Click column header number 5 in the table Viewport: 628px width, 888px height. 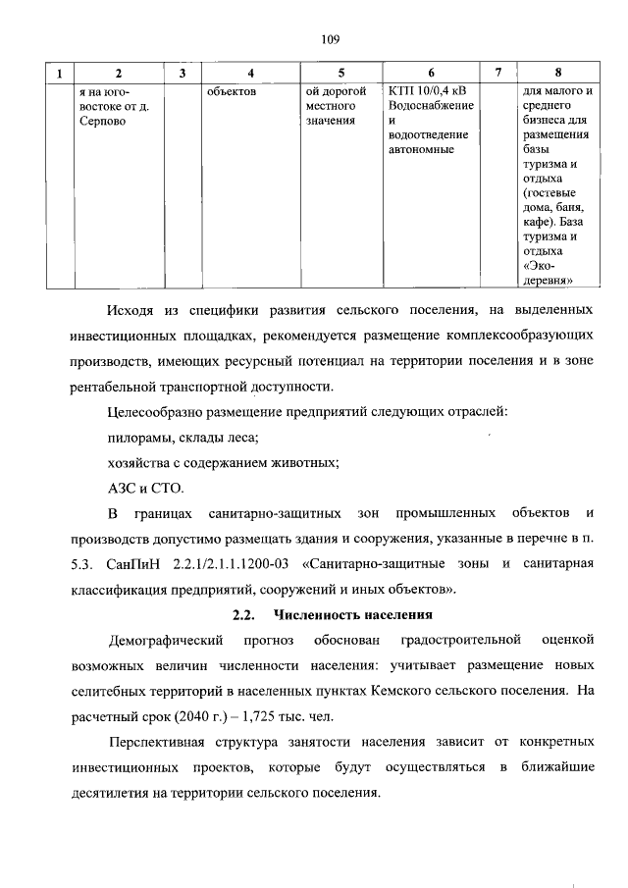[340, 74]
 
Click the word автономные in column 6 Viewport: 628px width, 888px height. [421, 150]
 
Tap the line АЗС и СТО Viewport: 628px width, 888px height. [145, 488]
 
